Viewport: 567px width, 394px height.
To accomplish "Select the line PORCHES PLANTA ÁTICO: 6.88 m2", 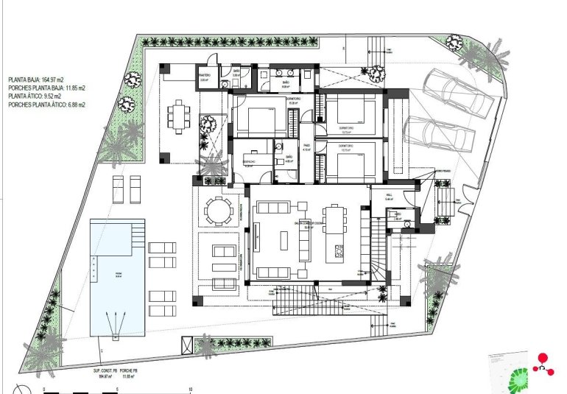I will click(x=47, y=105).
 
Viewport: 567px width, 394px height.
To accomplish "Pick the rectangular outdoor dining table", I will click(x=179, y=116).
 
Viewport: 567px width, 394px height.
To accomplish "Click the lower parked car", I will click(x=439, y=133).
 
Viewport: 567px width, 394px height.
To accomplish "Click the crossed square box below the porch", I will click(x=188, y=344).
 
